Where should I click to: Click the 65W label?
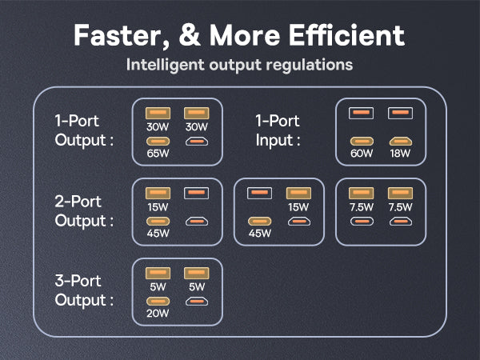click(158, 154)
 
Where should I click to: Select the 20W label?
click(158, 314)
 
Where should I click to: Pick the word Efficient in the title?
click(350, 35)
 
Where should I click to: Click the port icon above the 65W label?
click(158, 141)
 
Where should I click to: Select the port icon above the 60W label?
click(362, 141)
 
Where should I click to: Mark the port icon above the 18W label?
click(399, 141)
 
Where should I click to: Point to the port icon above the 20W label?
click(158, 301)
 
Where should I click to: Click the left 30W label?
click(158, 126)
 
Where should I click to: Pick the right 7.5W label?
click(399, 206)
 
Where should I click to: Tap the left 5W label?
click(158, 286)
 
